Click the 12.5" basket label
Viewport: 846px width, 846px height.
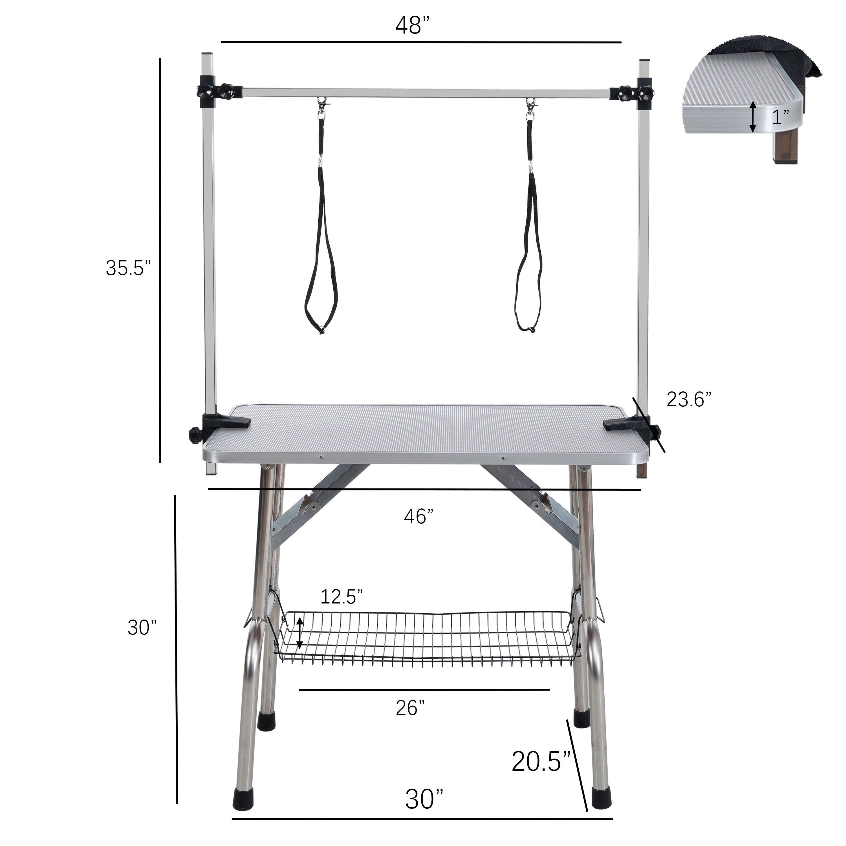pos(342,596)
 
